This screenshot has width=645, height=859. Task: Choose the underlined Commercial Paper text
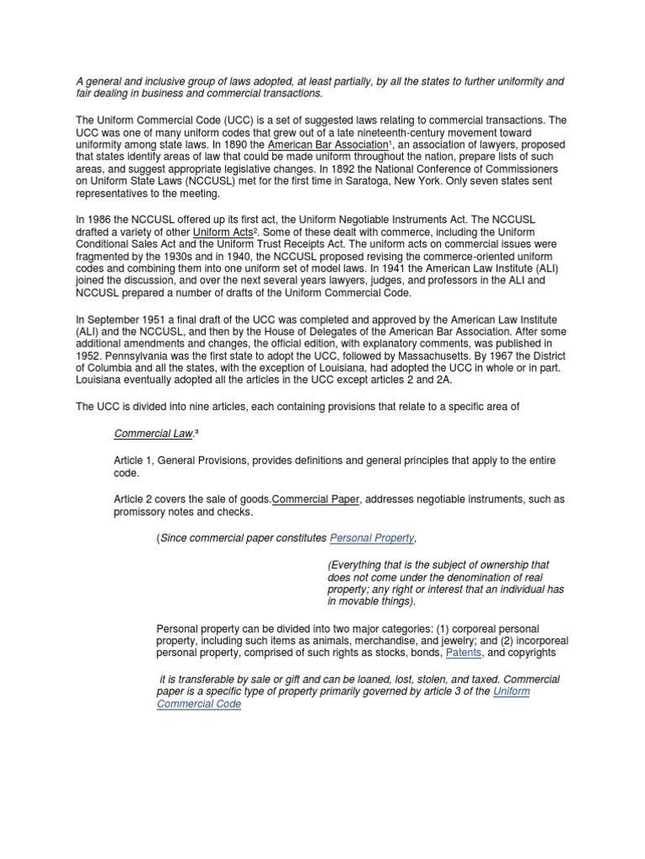[317, 498]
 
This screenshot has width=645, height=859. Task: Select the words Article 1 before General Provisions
[133, 461]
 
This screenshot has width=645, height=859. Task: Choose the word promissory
[139, 511]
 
